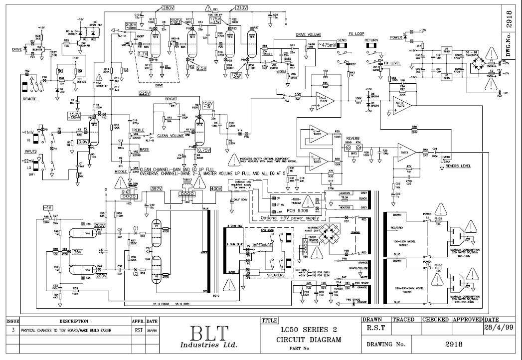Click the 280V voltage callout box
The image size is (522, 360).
168,8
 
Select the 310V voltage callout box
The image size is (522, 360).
241,8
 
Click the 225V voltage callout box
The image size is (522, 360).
145,93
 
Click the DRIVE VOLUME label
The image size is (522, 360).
308,35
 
